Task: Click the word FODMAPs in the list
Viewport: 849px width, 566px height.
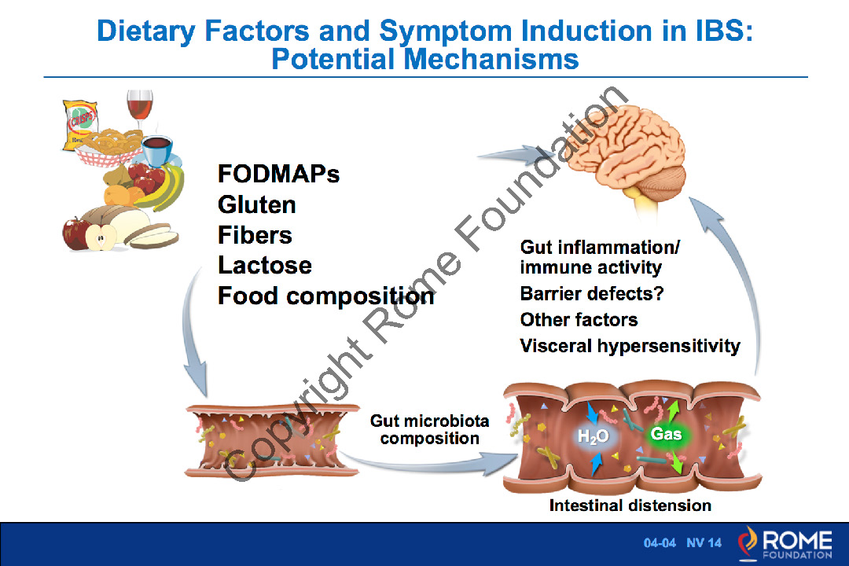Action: click(x=278, y=174)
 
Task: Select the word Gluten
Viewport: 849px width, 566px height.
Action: click(x=256, y=204)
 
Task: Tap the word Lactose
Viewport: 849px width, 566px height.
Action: click(x=264, y=266)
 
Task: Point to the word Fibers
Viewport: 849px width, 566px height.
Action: click(x=254, y=235)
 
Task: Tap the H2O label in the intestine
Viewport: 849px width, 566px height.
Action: click(x=594, y=437)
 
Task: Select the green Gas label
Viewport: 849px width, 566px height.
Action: click(x=666, y=434)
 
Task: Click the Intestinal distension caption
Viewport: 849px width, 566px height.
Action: click(x=630, y=505)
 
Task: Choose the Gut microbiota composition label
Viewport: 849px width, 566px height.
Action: click(x=429, y=430)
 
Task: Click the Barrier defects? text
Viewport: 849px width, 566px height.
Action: click(x=592, y=294)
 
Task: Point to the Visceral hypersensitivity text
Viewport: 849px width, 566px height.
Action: click(x=630, y=346)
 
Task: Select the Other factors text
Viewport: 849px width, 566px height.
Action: click(x=579, y=320)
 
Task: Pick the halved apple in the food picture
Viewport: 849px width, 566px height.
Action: click(x=101, y=236)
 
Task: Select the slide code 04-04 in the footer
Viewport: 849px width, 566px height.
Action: click(x=660, y=543)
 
